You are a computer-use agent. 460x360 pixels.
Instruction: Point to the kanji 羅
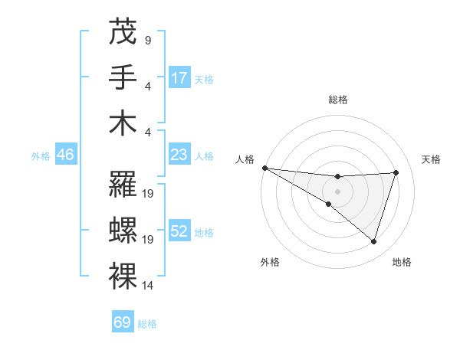(x=123, y=185)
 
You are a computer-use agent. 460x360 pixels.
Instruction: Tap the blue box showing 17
(x=179, y=77)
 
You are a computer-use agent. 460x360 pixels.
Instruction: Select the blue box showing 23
(x=179, y=155)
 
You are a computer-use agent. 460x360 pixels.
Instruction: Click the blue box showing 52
(x=179, y=231)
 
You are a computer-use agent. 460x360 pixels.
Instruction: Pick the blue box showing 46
(x=65, y=155)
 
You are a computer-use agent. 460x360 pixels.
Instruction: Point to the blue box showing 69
(x=123, y=322)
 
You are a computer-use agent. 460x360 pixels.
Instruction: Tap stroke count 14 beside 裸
(x=149, y=286)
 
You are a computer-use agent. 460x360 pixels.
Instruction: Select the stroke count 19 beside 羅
(x=149, y=194)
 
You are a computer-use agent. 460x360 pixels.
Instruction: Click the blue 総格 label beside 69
(x=147, y=324)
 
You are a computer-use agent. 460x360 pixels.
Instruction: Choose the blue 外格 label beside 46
(x=41, y=155)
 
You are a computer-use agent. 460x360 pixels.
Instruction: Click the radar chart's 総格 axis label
(x=337, y=100)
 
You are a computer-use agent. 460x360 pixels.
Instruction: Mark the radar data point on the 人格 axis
(x=264, y=167)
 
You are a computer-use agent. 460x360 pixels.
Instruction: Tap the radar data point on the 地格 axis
(x=373, y=242)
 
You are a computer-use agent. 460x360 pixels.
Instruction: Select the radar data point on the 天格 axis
(x=396, y=172)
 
